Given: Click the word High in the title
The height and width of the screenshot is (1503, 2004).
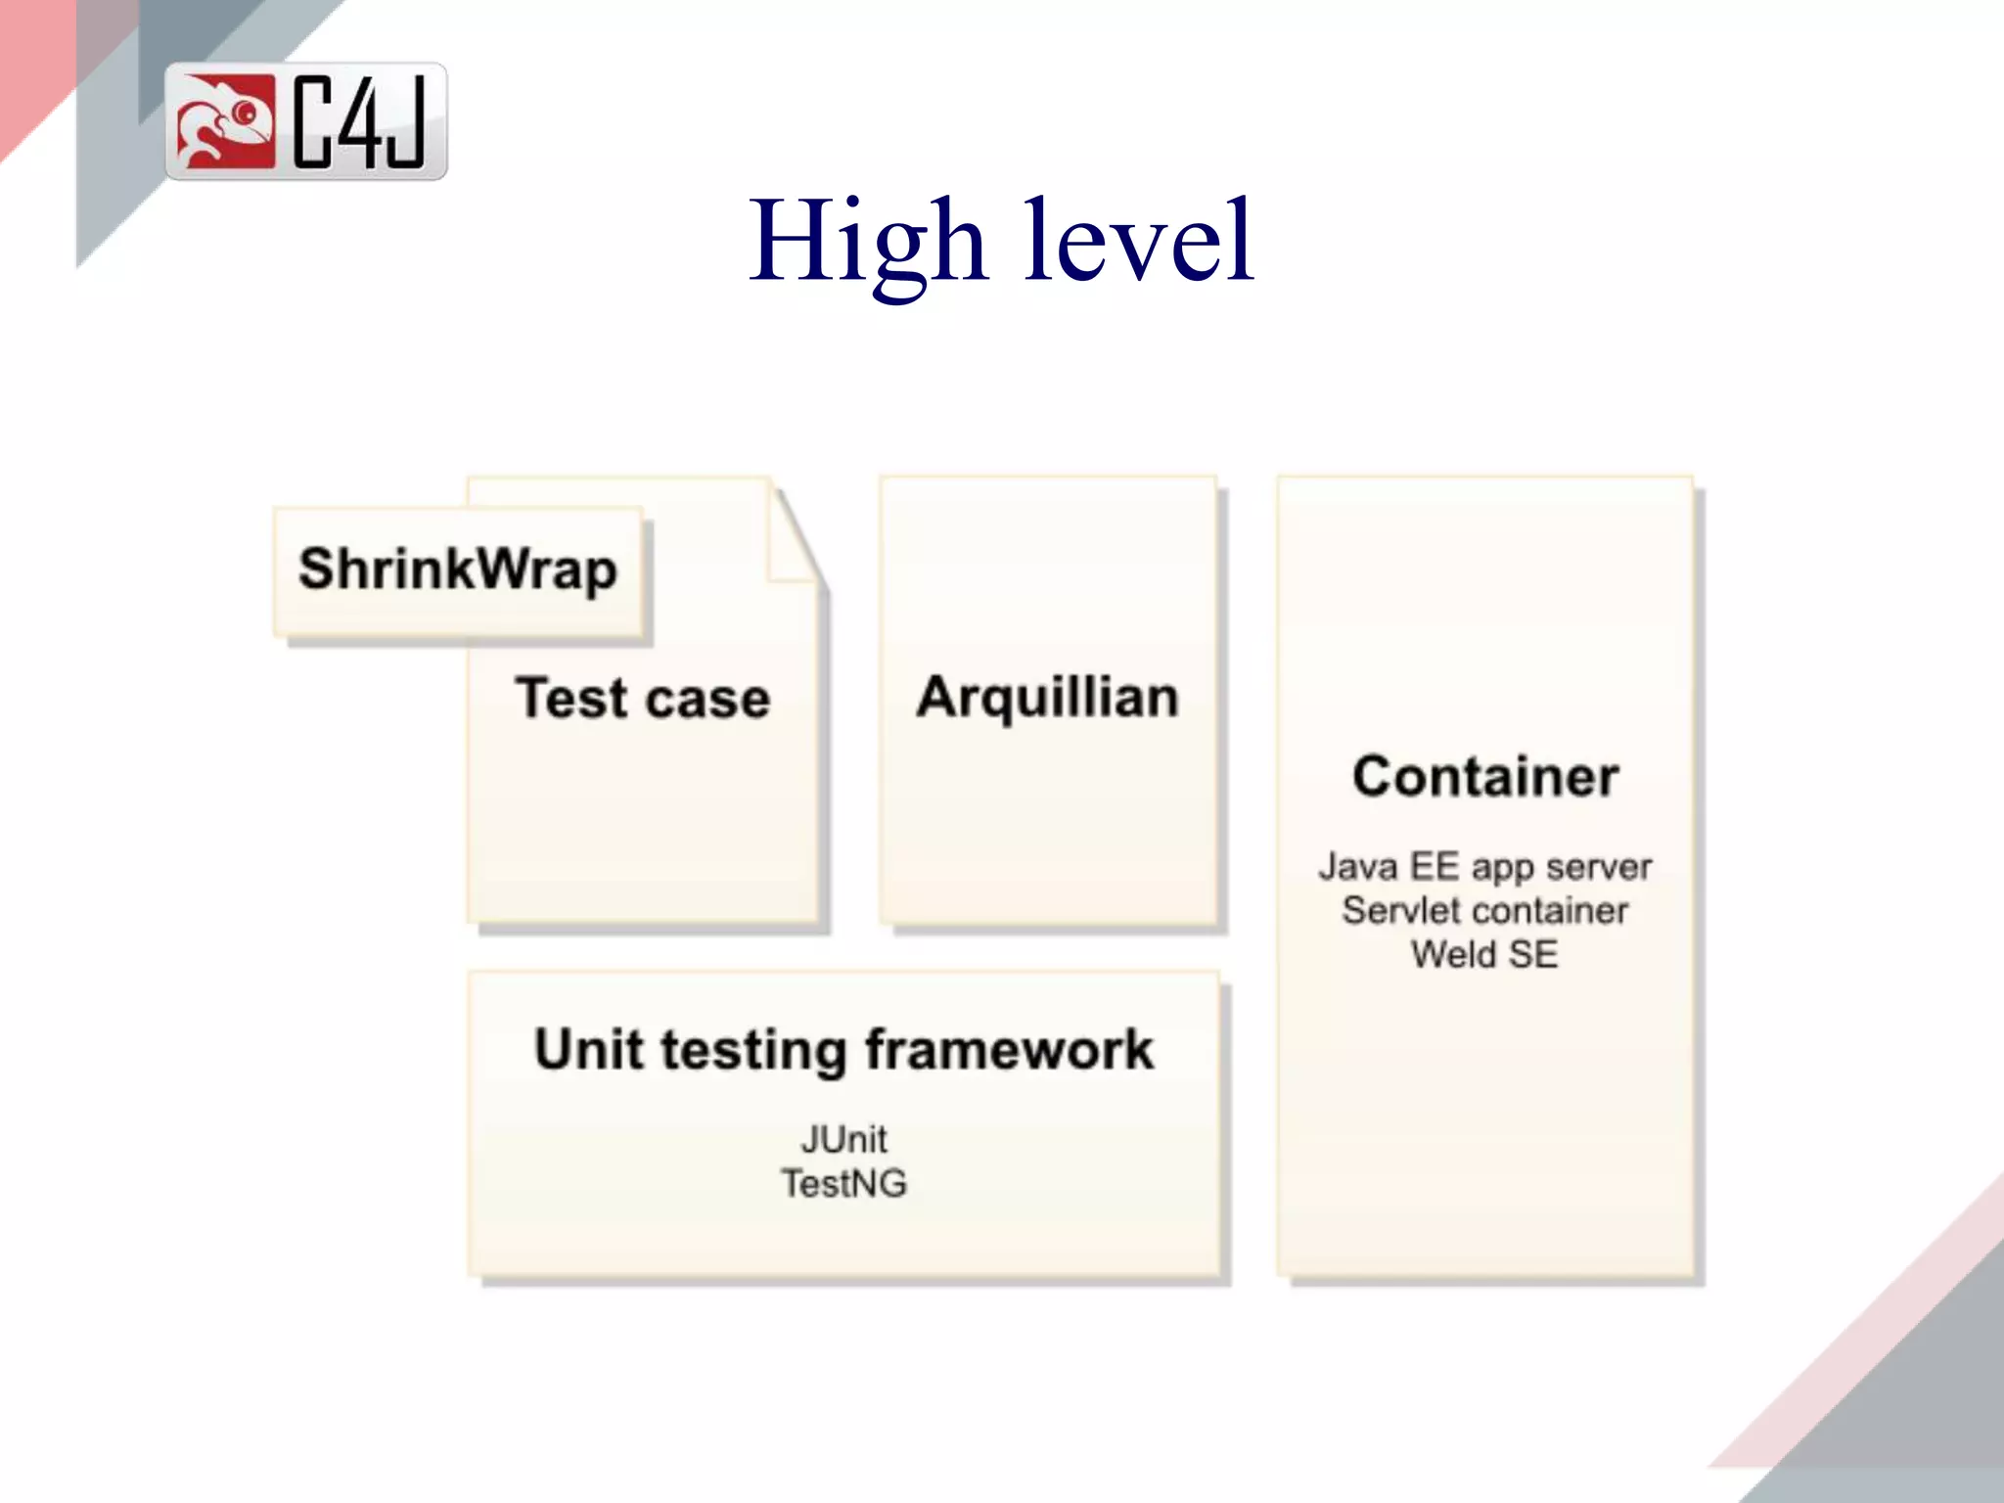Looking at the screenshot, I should [868, 242].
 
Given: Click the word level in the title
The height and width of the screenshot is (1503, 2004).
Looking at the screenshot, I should [1139, 242].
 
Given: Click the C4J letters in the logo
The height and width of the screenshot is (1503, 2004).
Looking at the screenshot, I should [360, 122].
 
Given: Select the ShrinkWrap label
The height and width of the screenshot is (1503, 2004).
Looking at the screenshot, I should [458, 569].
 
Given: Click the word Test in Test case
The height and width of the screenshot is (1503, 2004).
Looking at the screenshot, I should [571, 699].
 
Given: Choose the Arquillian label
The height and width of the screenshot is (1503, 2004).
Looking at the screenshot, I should [1047, 699].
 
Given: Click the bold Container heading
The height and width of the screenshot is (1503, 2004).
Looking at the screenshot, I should [1485, 777].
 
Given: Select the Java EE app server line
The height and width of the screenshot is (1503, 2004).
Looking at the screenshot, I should [1484, 867].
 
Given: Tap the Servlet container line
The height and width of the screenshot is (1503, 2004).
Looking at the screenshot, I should [1484, 911].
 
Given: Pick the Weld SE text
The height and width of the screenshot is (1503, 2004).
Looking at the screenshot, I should [1484, 954].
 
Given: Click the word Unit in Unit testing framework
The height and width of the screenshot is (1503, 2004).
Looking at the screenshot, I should [589, 1050].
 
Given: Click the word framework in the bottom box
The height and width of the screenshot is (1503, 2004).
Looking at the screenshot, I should [1009, 1050].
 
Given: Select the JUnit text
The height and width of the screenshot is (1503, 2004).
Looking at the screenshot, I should [843, 1140].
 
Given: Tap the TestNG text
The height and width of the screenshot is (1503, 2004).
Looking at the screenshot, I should [843, 1184].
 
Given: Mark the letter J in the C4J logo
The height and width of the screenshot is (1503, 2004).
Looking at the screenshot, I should [404, 122].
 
